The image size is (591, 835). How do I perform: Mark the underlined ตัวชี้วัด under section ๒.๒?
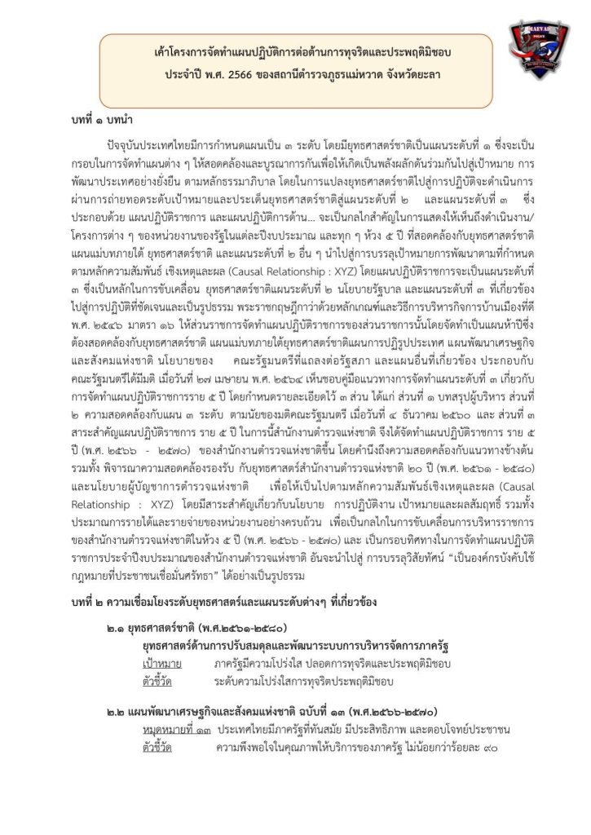pos(157,745)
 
